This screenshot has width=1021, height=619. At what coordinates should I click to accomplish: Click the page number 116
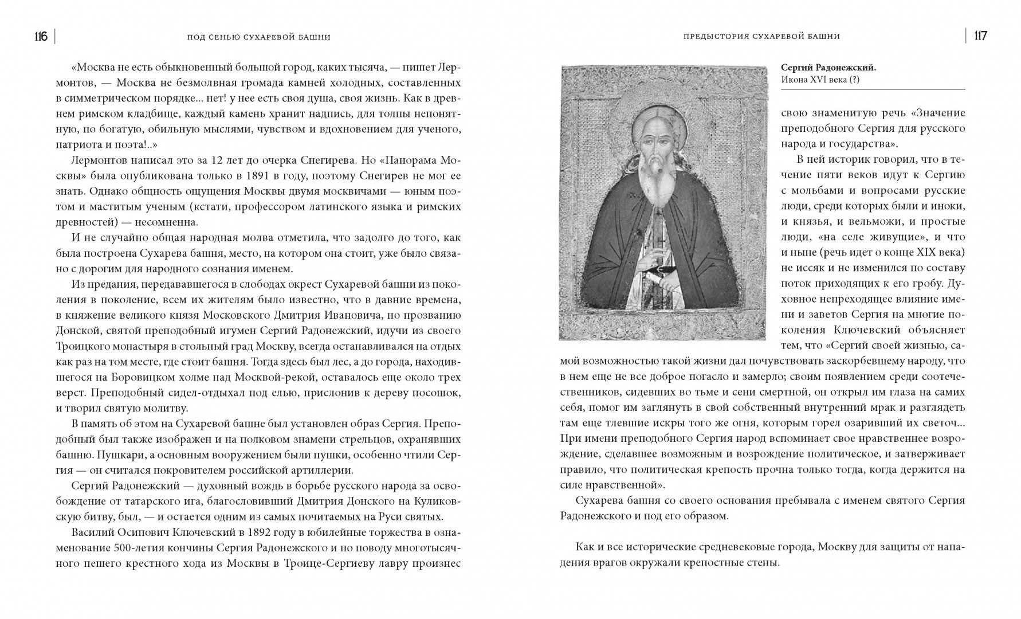coord(41,37)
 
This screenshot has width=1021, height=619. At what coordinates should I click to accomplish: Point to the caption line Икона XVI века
coord(820,80)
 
